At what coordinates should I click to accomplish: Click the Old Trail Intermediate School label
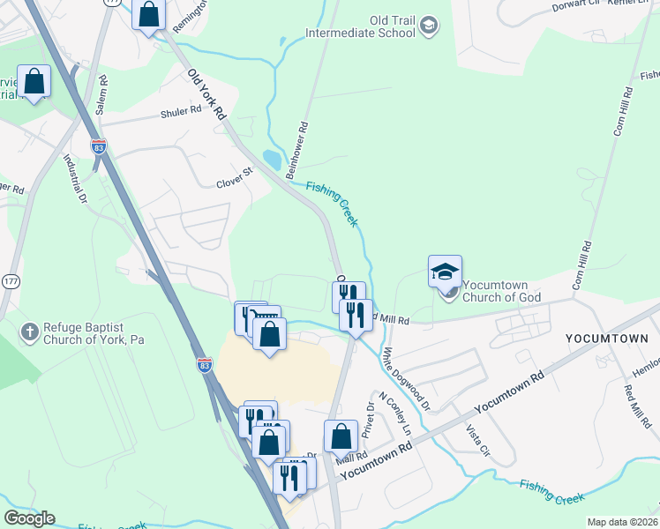pyautogui.click(x=359, y=26)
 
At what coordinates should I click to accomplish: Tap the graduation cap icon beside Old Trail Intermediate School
pyautogui.click(x=429, y=26)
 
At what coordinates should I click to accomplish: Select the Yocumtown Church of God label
pyautogui.click(x=504, y=291)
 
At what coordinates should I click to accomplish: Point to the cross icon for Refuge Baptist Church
pyautogui.click(x=30, y=332)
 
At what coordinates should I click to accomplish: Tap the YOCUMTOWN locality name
pyautogui.click(x=606, y=339)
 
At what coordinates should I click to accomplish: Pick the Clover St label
pyautogui.click(x=234, y=183)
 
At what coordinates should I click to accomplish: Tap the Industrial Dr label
pyautogui.click(x=74, y=181)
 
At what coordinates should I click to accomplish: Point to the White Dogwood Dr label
pyautogui.click(x=406, y=380)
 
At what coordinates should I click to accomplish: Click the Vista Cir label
pyautogui.click(x=477, y=439)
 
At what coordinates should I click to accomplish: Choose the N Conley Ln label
pyautogui.click(x=394, y=413)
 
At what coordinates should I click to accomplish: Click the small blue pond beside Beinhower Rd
pyautogui.click(x=273, y=160)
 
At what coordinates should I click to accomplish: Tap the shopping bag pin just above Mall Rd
pyautogui.click(x=341, y=436)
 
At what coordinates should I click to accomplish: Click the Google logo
pyautogui.click(x=29, y=518)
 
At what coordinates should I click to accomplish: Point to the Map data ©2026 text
pyautogui.click(x=622, y=522)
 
